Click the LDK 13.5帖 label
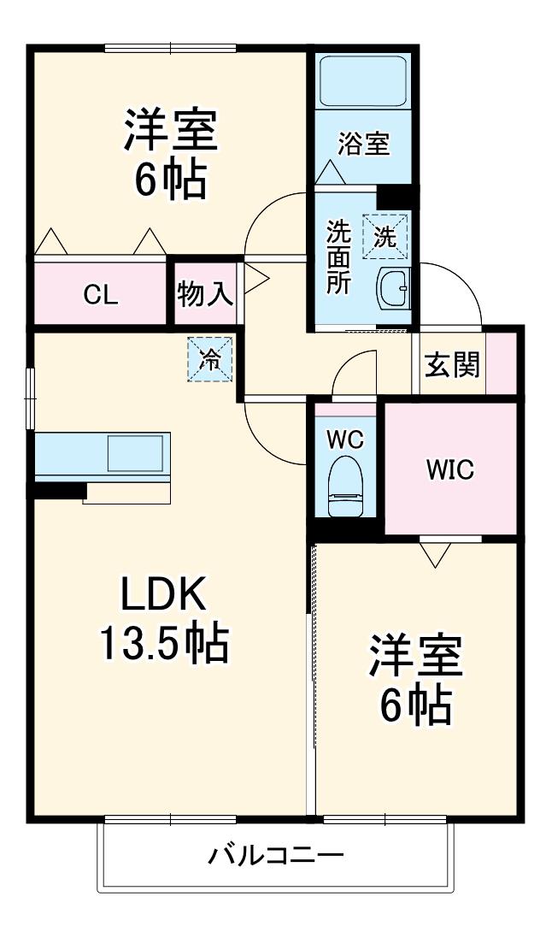click(163, 618)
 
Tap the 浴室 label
click(364, 144)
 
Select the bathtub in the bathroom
click(363, 81)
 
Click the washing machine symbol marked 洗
click(385, 237)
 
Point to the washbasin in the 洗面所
click(393, 288)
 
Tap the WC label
click(345, 440)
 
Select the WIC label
click(449, 469)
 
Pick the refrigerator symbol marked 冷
click(209, 360)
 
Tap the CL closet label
click(101, 294)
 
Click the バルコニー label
click(276, 857)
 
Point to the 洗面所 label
click(339, 257)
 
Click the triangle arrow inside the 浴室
click(331, 173)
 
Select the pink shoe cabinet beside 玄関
click(501, 363)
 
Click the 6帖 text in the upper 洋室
click(171, 179)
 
